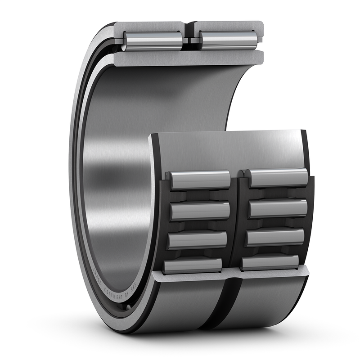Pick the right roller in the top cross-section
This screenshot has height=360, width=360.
click(227, 40)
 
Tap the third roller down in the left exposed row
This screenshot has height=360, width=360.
click(197, 240)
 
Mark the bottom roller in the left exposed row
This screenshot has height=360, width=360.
click(193, 265)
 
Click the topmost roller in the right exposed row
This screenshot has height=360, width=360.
click(278, 177)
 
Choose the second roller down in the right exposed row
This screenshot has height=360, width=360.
click(277, 208)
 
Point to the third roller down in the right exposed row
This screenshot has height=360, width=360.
click(275, 237)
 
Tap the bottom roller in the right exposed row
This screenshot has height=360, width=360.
click(270, 262)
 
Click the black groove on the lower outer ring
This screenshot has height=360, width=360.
click(225, 306)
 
